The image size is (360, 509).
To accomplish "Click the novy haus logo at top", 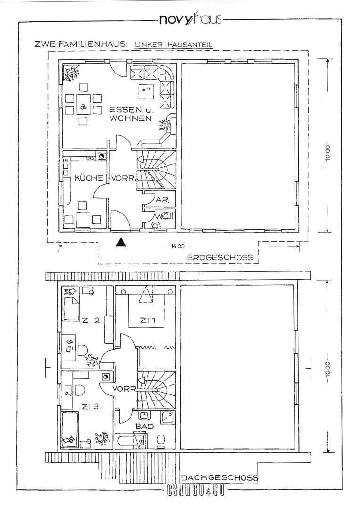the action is [x=190, y=20].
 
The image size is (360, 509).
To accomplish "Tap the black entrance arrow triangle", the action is [x=122, y=243].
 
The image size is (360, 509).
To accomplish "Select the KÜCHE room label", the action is [x=89, y=178].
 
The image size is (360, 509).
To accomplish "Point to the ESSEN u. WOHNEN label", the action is [x=131, y=114].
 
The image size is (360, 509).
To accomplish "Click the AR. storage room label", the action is [x=163, y=200].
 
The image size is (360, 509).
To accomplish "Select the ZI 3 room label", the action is [x=90, y=406].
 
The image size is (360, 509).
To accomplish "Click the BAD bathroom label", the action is [x=144, y=426].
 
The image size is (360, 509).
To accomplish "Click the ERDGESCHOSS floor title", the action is [x=220, y=258].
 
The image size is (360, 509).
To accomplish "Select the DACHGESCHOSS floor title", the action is [x=220, y=477].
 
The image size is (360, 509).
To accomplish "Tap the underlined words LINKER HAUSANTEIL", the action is [x=174, y=45].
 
